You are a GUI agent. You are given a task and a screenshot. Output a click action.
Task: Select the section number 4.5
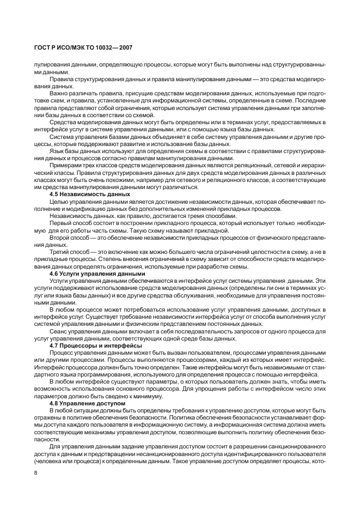click(x=54, y=194)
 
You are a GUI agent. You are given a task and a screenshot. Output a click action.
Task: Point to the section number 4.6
click(x=54, y=273)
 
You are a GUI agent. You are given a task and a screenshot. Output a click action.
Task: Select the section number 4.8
click(x=54, y=403)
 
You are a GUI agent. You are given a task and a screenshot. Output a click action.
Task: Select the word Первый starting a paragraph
click(x=60, y=223)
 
